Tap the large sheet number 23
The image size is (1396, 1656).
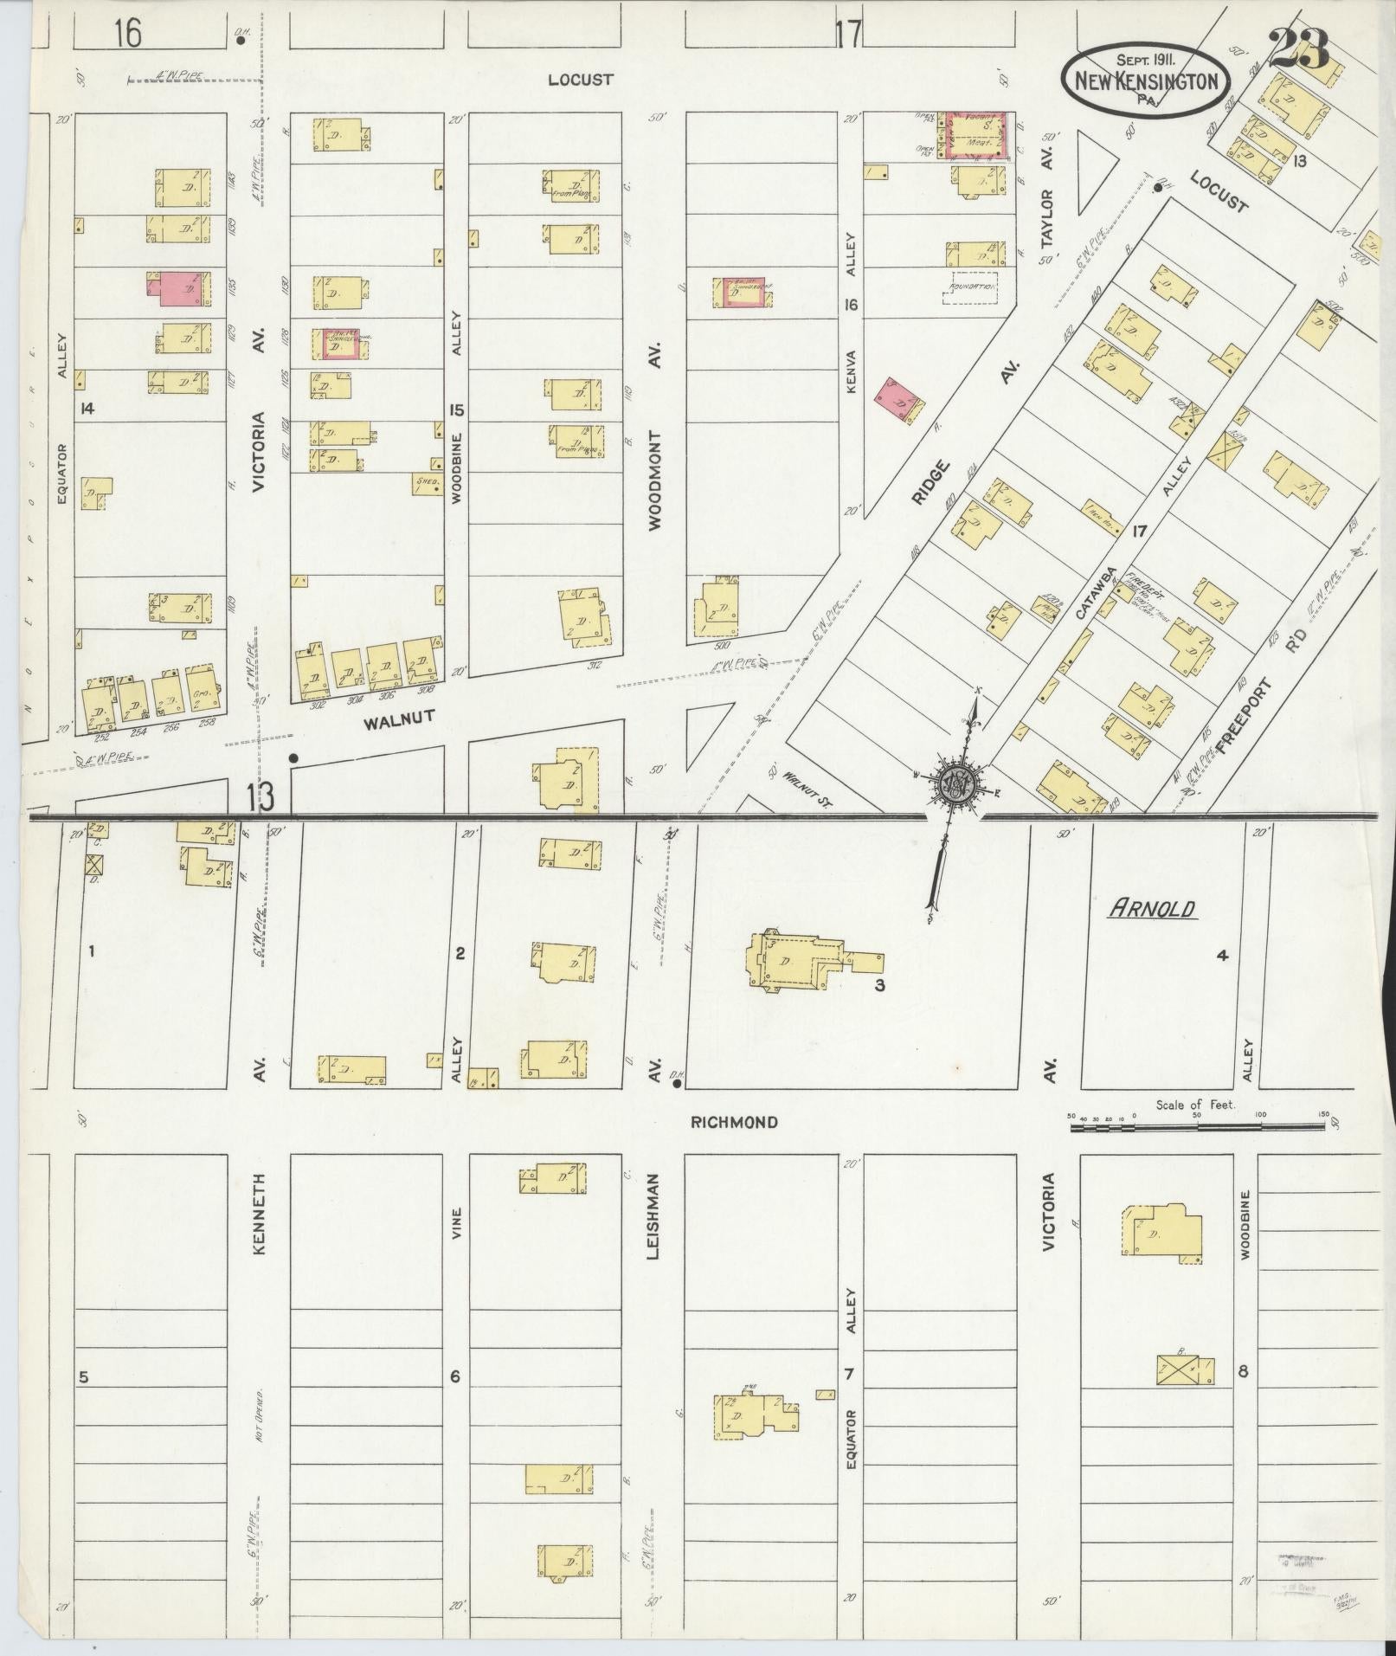[x=1300, y=51]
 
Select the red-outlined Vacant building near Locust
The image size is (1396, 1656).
[x=977, y=136]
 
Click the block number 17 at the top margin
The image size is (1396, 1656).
[x=849, y=35]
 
